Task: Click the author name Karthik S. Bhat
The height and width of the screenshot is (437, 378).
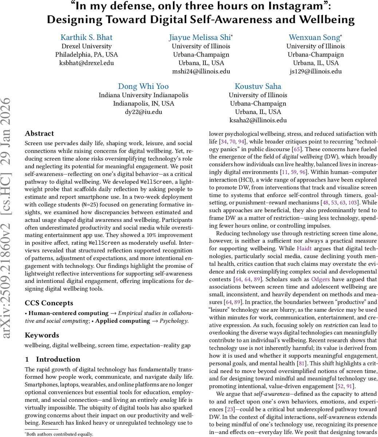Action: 86,38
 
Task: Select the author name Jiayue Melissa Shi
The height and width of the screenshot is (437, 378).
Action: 200,38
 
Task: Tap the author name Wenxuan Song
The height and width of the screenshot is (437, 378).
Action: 315,38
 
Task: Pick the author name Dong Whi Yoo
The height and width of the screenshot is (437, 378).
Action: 143,86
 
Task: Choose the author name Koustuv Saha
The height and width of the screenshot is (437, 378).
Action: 258,86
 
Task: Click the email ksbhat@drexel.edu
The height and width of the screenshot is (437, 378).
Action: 86,63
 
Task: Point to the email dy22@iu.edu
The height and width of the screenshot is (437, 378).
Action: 143,112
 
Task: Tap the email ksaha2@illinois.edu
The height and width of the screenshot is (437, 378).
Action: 258,120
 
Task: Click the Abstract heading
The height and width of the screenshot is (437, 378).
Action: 39,133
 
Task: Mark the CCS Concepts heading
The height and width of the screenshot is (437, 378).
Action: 49,303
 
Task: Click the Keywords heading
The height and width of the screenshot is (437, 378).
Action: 42,335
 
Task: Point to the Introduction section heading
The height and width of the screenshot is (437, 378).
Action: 58,359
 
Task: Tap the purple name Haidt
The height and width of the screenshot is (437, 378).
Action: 304,248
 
